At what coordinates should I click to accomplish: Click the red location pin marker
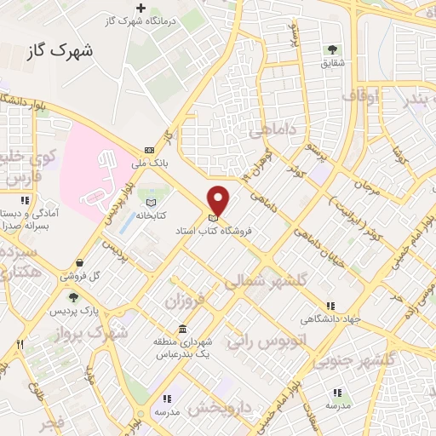[219, 200]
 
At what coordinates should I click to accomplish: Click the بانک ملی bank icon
[149, 148]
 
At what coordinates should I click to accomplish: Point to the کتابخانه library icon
[151, 203]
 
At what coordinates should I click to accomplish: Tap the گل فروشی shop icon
[79, 263]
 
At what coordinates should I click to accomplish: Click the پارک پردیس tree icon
[72, 298]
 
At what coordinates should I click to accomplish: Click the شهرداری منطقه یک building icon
[182, 330]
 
